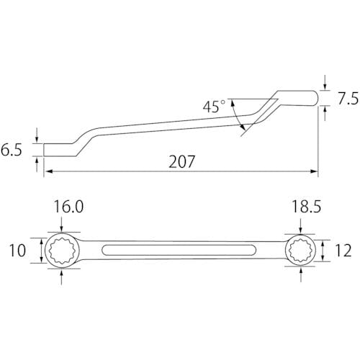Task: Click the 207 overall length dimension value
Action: [181, 161]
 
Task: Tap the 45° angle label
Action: [214, 106]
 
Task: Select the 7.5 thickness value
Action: [348, 99]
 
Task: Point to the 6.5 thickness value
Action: [12, 150]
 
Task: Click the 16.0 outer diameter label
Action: [68, 207]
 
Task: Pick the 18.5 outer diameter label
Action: [306, 207]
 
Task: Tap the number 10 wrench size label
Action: [17, 251]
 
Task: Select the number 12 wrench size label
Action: [343, 251]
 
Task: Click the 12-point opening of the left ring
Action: [64, 251]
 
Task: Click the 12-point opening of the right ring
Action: [300, 251]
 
